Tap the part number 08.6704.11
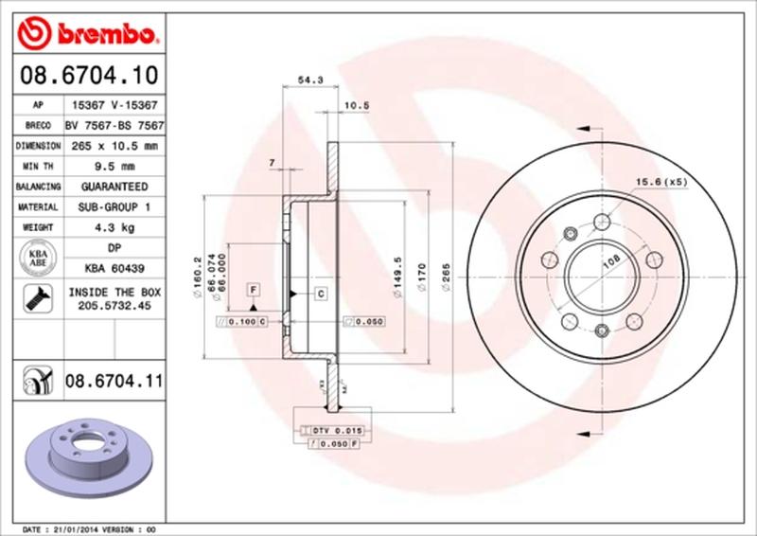click(114, 384)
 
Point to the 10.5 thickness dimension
click(356, 106)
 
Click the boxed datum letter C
click(320, 294)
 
